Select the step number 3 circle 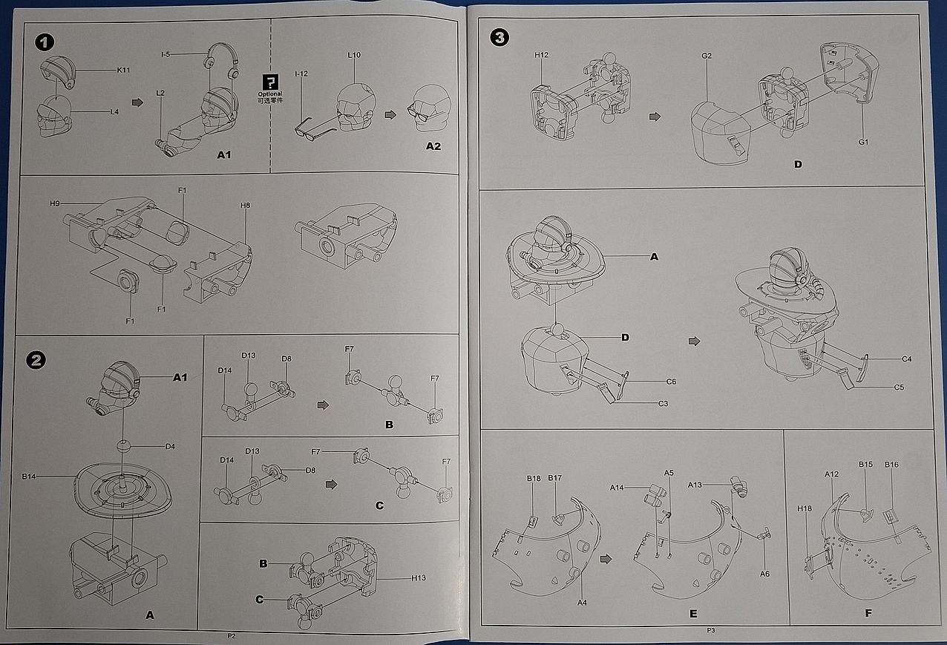[500, 36]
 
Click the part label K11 [124, 70]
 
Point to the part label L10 [354, 56]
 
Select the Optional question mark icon [271, 82]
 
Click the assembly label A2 [433, 146]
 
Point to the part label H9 [55, 203]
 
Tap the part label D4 [170, 446]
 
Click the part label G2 [707, 56]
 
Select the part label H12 [541, 55]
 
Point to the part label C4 [907, 359]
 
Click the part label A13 [695, 485]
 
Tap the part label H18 [805, 508]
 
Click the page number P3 [710, 630]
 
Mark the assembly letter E [693, 614]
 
